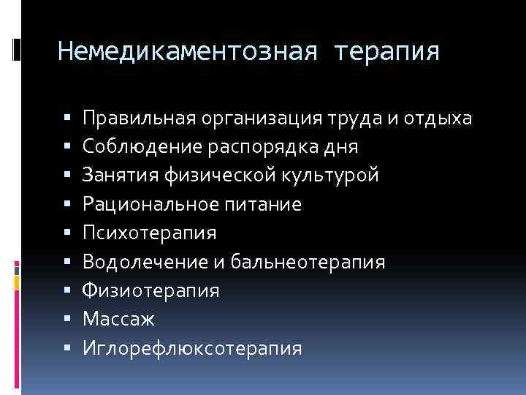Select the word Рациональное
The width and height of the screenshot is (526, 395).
pyautogui.click(x=144, y=205)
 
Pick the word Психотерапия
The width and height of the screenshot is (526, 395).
pyautogui.click(x=150, y=234)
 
